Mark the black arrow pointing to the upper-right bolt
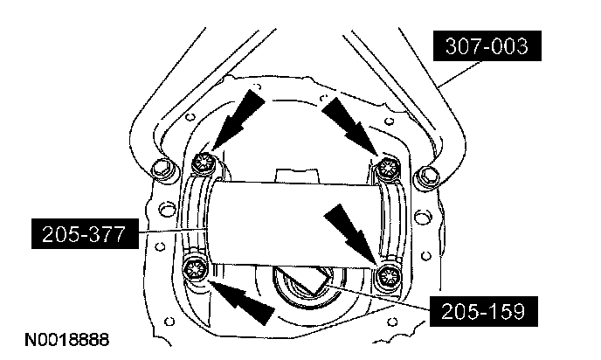click(x=351, y=121)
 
